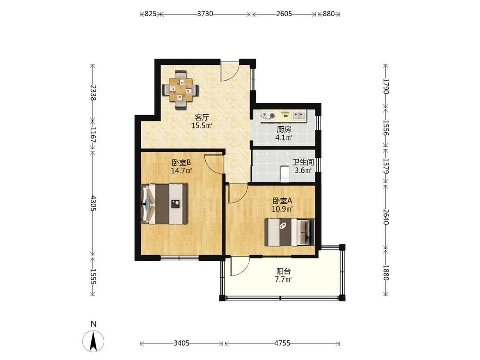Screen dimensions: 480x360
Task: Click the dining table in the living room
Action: pos(180,90)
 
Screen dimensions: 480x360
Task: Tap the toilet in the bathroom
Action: pos(285,174)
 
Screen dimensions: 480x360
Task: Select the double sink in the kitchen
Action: pos(299,116)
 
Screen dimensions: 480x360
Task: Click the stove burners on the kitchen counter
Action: pos(268,116)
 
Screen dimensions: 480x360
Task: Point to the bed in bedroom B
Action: pos(164,204)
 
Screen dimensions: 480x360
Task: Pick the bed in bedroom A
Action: pos(290,232)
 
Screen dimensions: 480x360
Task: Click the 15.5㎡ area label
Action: pos(202,125)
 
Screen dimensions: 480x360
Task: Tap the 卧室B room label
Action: pos(181,162)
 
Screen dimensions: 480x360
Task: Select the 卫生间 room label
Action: pos(303,162)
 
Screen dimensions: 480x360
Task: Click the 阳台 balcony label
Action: pos(283,271)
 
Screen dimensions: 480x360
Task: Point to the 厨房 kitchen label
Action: pos(284,130)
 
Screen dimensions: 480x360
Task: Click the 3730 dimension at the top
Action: pos(205,14)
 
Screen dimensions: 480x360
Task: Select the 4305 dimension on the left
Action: pos(93,203)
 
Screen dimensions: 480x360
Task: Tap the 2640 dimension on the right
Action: pos(386,217)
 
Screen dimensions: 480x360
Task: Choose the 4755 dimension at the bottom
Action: pos(282,343)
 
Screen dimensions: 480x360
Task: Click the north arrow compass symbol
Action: pos(93,341)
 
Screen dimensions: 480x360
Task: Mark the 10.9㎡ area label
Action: pos(282,209)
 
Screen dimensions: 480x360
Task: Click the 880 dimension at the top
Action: pos(329,14)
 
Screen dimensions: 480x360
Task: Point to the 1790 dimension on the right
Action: pos(386,86)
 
